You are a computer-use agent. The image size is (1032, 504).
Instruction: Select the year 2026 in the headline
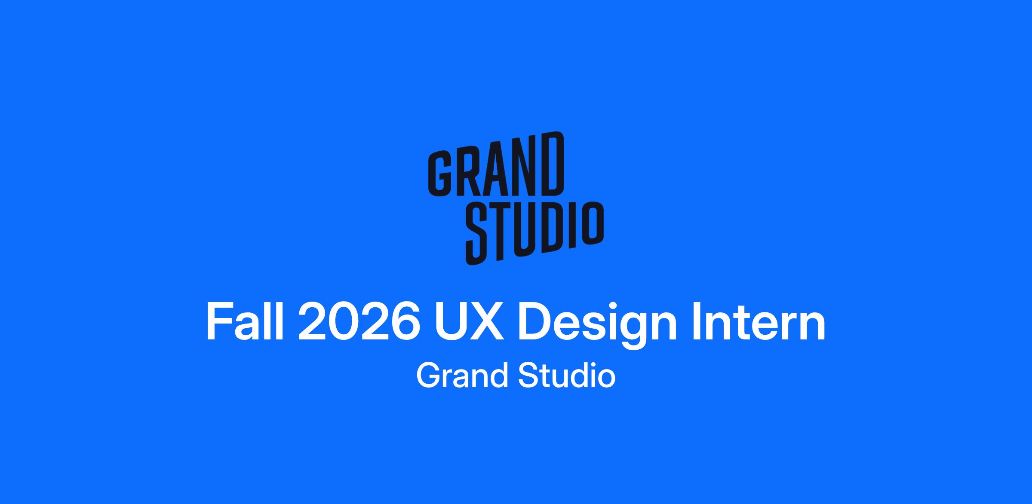click(359, 322)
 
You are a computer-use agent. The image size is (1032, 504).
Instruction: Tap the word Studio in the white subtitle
click(567, 375)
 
